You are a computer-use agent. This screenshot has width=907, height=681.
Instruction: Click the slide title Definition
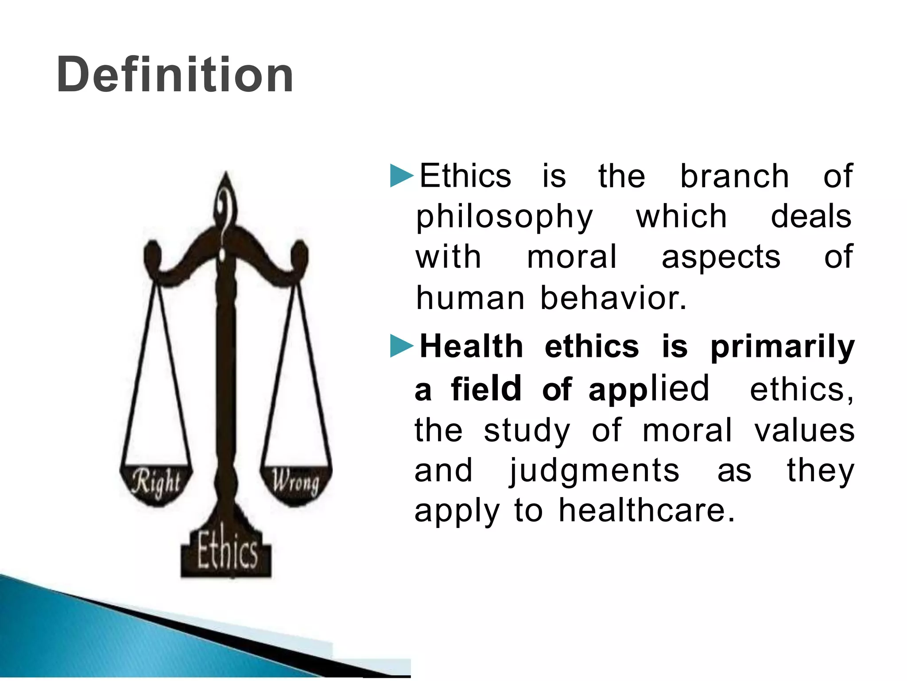pos(175,74)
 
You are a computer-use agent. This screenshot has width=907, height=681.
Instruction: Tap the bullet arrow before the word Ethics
pos(401,176)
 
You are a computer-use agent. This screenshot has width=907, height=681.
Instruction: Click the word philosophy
pos(504,217)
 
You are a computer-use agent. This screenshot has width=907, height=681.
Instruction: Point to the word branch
pos(734,176)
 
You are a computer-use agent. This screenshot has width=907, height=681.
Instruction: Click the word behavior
pos(613,298)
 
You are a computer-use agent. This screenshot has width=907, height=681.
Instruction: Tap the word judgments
pos(593,471)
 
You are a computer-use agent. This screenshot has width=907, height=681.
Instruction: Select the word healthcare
pos(647,511)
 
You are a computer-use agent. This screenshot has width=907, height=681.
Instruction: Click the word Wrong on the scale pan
pos(295,482)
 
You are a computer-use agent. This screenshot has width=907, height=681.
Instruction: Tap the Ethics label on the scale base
pos(227,552)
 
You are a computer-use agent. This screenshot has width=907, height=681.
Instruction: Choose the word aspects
pos(721,257)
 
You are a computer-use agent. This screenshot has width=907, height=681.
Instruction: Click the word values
pos(804,431)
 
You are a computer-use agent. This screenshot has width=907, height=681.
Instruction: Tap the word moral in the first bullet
pos(571,257)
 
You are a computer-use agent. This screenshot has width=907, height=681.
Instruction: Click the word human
pos(470,298)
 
